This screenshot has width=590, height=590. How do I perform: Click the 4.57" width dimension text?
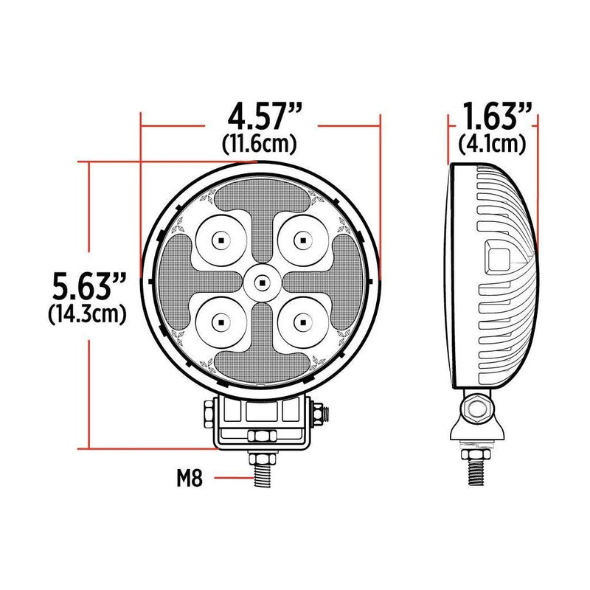tap(261, 118)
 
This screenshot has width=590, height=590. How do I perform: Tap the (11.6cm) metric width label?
tap(260, 145)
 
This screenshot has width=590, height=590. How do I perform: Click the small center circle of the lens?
tap(260, 280)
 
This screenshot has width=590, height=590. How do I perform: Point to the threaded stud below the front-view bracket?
tap(262, 468)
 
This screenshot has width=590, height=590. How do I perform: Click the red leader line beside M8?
tap(229, 479)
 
